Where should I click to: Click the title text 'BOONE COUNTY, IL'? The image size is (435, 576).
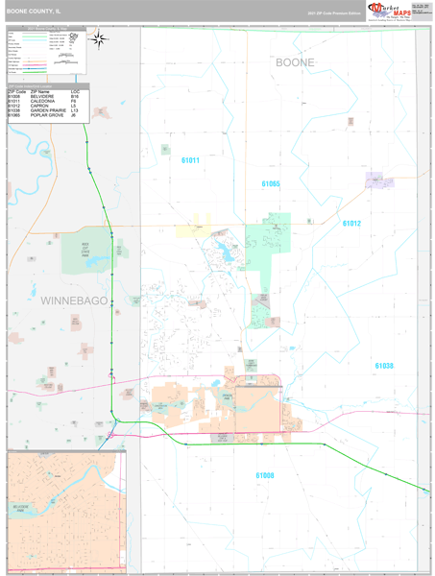click(x=33, y=13)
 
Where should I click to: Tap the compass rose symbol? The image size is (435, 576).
click(x=98, y=39)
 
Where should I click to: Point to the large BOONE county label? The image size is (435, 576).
click(x=294, y=62)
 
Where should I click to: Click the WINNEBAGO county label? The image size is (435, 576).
click(x=74, y=300)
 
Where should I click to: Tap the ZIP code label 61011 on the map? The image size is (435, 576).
click(x=190, y=160)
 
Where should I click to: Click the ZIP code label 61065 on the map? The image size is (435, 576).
click(x=271, y=183)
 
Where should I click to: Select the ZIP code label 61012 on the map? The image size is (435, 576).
click(x=350, y=223)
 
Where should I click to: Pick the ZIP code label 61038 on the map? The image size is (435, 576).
click(x=384, y=366)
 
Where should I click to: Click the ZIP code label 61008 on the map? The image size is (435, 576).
click(x=265, y=475)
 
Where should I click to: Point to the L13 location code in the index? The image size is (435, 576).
click(x=75, y=110)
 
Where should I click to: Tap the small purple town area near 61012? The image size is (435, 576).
click(x=374, y=180)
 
